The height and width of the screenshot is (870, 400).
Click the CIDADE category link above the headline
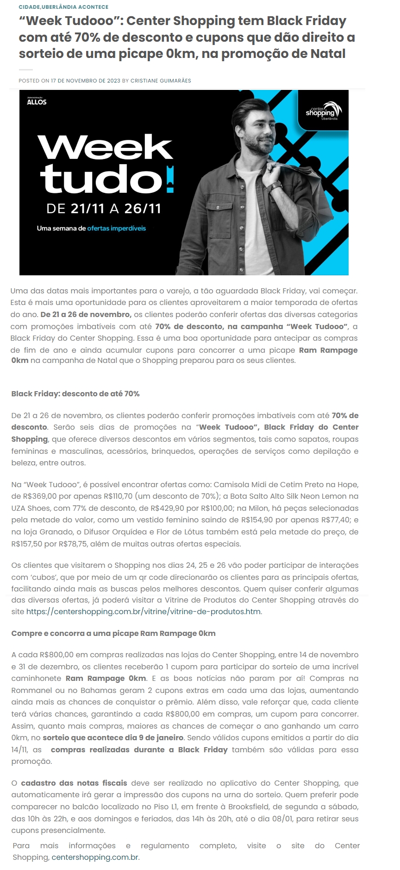(x=29, y=7)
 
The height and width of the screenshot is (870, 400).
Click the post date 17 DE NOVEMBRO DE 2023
(x=86, y=81)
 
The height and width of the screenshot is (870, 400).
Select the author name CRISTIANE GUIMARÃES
(x=161, y=81)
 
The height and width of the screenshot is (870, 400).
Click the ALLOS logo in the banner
(x=37, y=102)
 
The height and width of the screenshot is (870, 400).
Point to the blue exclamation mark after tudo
(x=170, y=180)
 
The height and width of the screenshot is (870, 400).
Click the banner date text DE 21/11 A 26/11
(x=104, y=209)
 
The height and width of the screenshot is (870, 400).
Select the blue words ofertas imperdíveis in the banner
(x=117, y=229)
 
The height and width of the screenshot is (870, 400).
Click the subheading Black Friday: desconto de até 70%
(x=75, y=394)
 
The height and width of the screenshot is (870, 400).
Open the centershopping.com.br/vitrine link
(x=144, y=612)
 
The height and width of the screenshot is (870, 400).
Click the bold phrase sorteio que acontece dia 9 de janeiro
(x=113, y=737)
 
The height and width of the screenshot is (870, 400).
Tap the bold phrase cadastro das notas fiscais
(x=74, y=783)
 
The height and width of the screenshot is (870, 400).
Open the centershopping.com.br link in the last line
(x=95, y=857)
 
